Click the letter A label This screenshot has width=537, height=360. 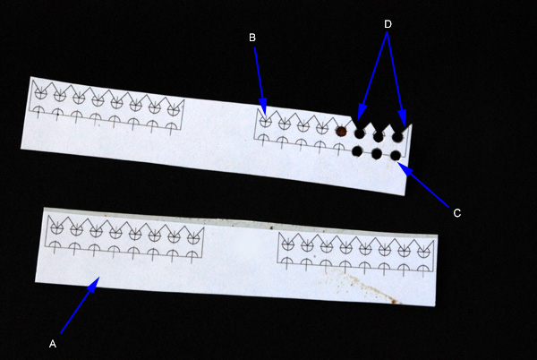(53, 344)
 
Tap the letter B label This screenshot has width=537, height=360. (252, 38)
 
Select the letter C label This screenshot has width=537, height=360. (456, 213)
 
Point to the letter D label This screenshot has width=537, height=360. (388, 24)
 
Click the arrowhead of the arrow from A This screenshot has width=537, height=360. (93, 284)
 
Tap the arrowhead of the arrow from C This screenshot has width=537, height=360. (405, 168)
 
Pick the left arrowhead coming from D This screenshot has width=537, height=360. (361, 112)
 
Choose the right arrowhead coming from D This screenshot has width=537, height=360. (403, 117)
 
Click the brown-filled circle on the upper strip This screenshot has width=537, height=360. (341, 131)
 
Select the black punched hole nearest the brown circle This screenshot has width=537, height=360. (359, 133)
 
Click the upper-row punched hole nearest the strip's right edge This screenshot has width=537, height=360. (397, 137)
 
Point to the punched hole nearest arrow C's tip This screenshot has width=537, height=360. (396, 156)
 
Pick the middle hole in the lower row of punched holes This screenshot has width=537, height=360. (377, 154)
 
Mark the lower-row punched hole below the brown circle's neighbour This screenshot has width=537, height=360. (357, 151)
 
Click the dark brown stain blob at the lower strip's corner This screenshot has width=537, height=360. (395, 302)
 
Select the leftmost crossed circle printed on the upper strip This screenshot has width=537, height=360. (41, 94)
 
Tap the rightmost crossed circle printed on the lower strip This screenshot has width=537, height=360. (423, 252)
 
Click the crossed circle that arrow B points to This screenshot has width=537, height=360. (266, 122)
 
